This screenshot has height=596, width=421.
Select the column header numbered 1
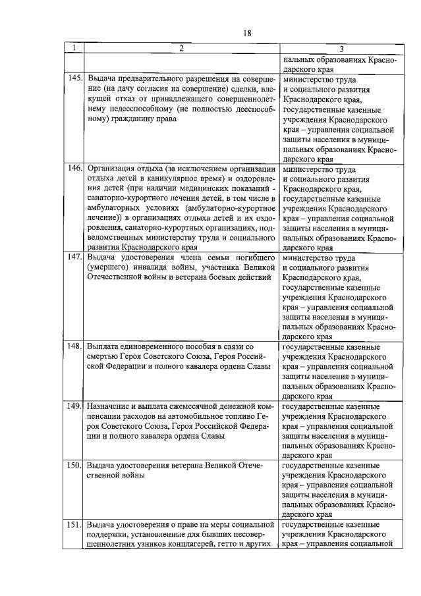pos(74,48)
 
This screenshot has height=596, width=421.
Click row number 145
pos(74,78)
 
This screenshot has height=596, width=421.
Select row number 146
pos(74,168)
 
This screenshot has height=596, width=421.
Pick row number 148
pos(74,345)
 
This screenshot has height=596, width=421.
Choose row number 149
pos(74,407)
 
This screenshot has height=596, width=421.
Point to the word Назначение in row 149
pos(110,407)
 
